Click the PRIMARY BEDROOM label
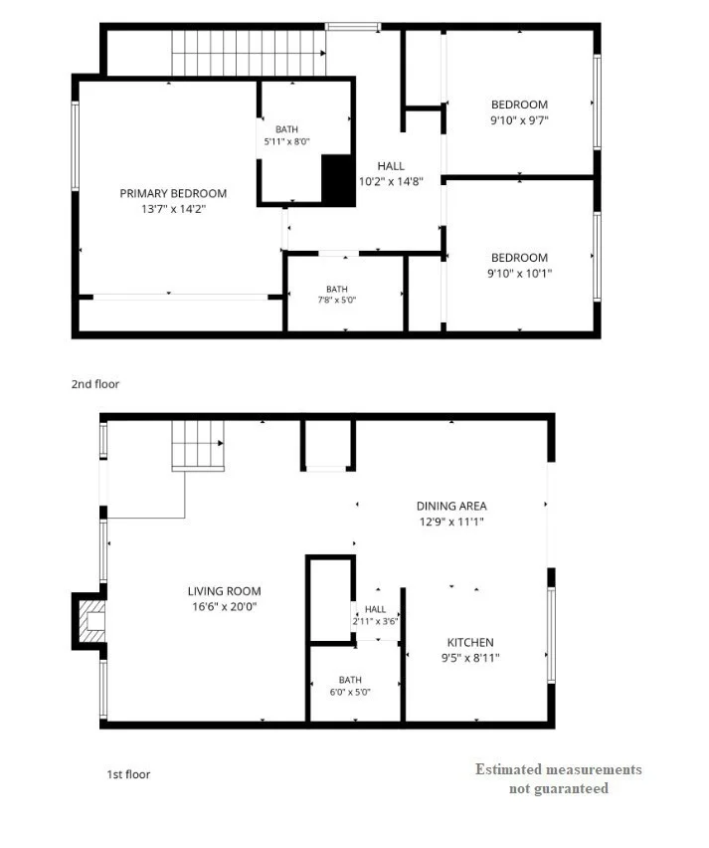(173, 194)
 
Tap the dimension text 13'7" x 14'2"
(173, 209)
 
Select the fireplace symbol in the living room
(89, 621)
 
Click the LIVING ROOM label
(225, 591)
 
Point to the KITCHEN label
(470, 643)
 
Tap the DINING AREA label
(451, 507)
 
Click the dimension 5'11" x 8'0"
(286, 141)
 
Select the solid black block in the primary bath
(338, 179)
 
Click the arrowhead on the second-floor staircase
(322, 53)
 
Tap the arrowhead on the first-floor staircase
(221, 443)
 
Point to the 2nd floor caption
(95, 384)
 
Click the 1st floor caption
(128, 774)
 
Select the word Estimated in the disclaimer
(508, 769)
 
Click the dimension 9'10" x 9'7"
(519, 120)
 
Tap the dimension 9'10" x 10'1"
(519, 273)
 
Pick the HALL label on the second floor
(391, 166)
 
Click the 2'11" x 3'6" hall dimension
(375, 621)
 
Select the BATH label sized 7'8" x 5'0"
(337, 290)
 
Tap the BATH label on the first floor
(350, 680)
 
